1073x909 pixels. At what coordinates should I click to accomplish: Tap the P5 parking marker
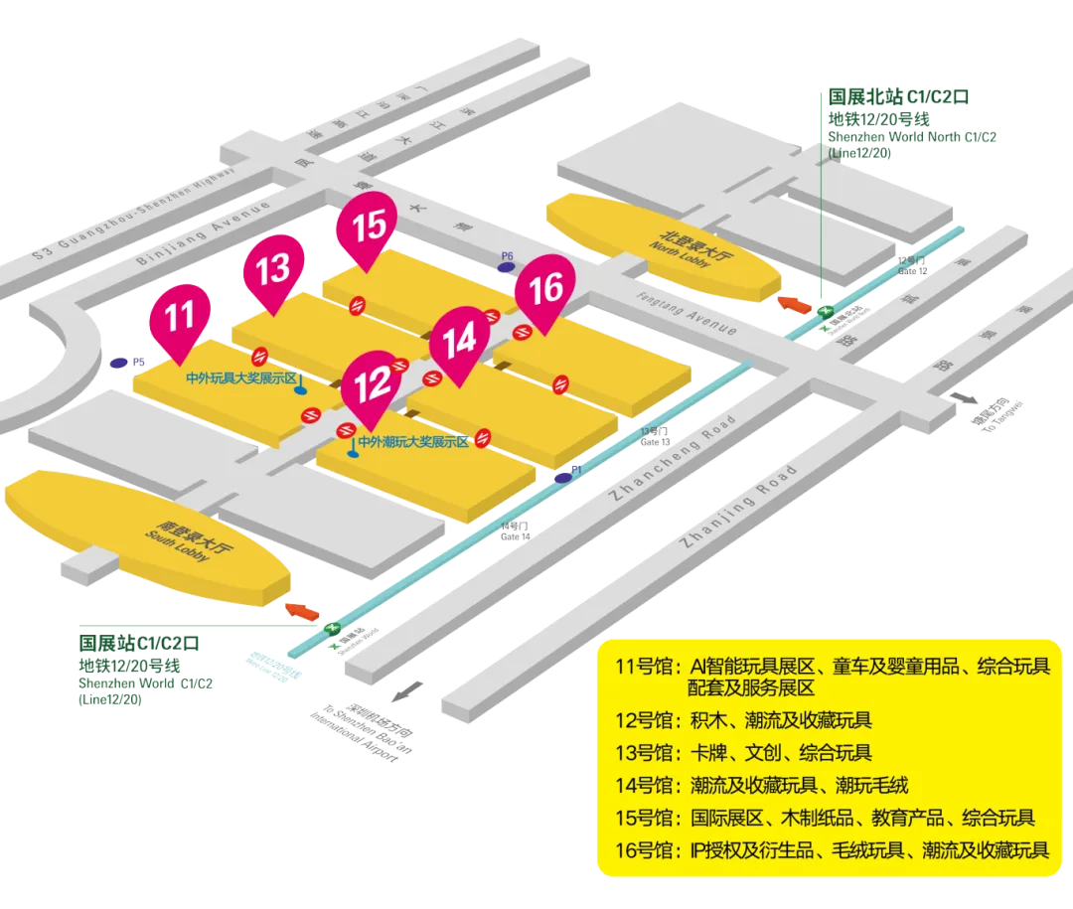click(121, 364)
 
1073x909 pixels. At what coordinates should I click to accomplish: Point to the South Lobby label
click(177, 544)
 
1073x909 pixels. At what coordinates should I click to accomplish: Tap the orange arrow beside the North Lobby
click(796, 301)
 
